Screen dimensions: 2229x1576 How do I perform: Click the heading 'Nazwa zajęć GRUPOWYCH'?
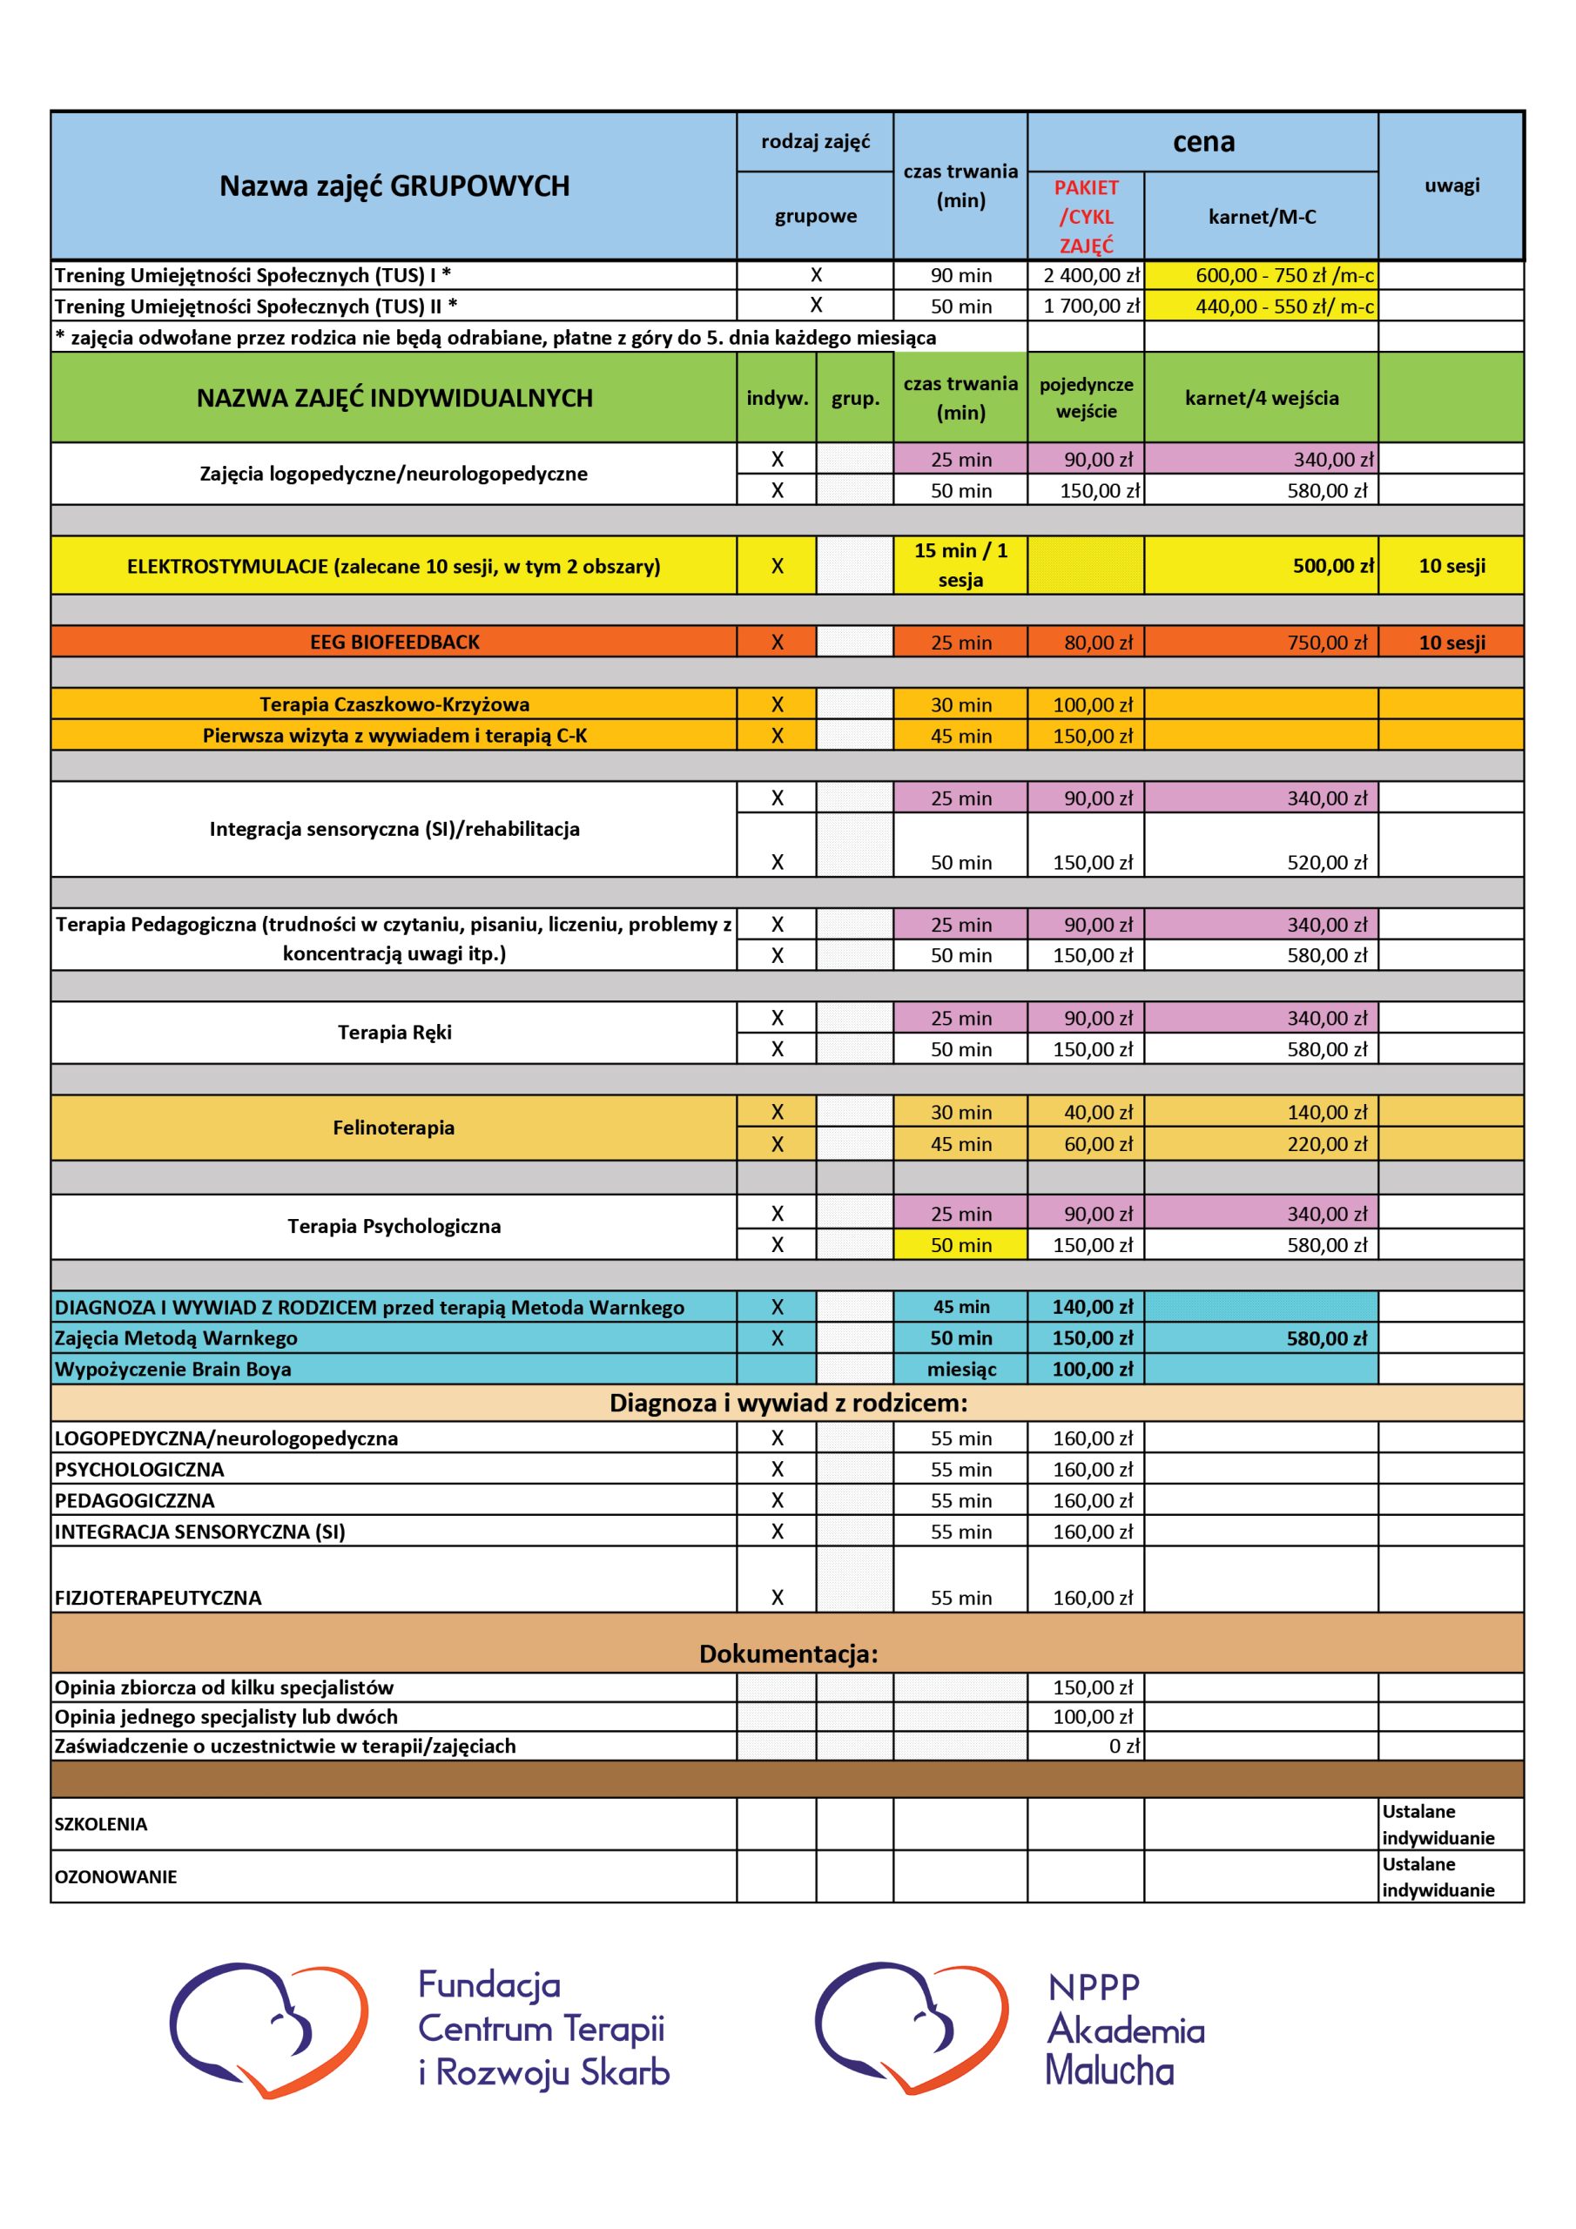pyautogui.click(x=394, y=185)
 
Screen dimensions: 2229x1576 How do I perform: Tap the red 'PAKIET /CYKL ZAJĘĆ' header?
pyautogui.click(x=1086, y=216)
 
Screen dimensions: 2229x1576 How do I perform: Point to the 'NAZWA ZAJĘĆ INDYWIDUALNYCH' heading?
pyautogui.click(x=394, y=398)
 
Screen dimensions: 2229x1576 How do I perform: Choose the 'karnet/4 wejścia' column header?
pyautogui.click(x=1261, y=398)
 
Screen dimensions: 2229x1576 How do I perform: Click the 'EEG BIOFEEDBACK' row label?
pyautogui.click(x=394, y=642)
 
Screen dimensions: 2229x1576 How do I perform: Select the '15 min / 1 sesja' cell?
pyautogui.click(x=960, y=565)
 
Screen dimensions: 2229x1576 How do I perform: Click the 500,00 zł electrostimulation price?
pyautogui.click(x=1332, y=566)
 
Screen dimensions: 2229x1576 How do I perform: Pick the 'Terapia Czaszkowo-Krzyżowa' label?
pyautogui.click(x=394, y=704)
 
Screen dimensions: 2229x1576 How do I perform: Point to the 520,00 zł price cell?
pyautogui.click(x=1326, y=862)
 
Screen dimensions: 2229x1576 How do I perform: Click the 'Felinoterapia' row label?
pyautogui.click(x=394, y=1127)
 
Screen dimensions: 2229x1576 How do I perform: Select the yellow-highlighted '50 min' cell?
pyautogui.click(x=960, y=1244)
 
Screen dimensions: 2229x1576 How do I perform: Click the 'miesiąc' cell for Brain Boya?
pyautogui.click(x=960, y=1369)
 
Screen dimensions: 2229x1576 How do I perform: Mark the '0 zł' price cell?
pyautogui.click(x=1123, y=1746)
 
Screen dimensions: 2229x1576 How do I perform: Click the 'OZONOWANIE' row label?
pyautogui.click(x=116, y=1876)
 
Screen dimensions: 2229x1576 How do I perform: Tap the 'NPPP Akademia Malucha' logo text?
pyautogui.click(x=1124, y=2029)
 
